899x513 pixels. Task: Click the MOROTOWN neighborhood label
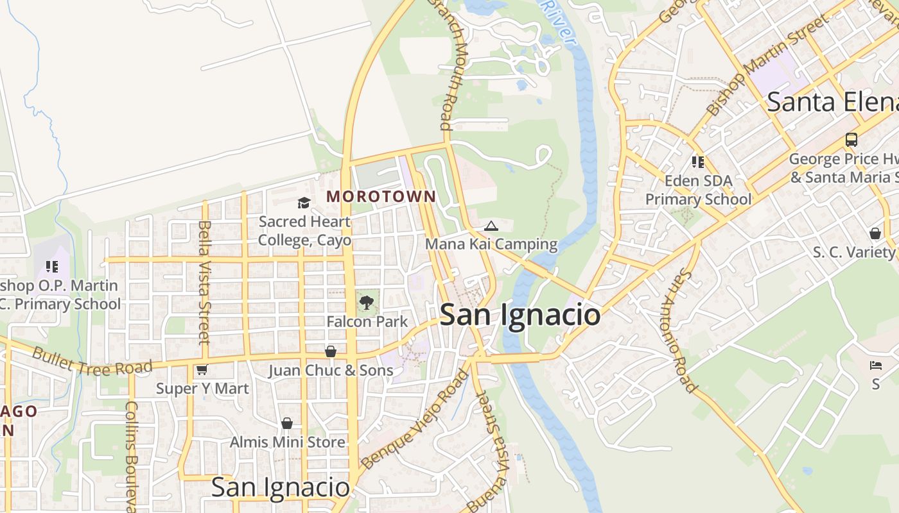tap(381, 197)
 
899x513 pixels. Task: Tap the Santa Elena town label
tap(832, 102)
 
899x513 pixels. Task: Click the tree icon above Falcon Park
tap(367, 302)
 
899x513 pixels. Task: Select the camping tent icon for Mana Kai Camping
tap(491, 226)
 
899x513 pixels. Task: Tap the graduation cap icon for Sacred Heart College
tap(304, 203)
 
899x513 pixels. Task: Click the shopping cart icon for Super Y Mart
tap(202, 369)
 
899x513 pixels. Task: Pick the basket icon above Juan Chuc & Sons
tap(331, 351)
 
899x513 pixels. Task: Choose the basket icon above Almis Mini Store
tap(287, 423)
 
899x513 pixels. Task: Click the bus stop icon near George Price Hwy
tap(851, 139)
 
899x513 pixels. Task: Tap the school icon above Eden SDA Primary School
tap(698, 162)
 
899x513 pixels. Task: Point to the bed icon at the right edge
tap(876, 366)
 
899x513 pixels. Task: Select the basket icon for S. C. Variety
tap(875, 233)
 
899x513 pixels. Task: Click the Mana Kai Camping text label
tap(491, 244)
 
